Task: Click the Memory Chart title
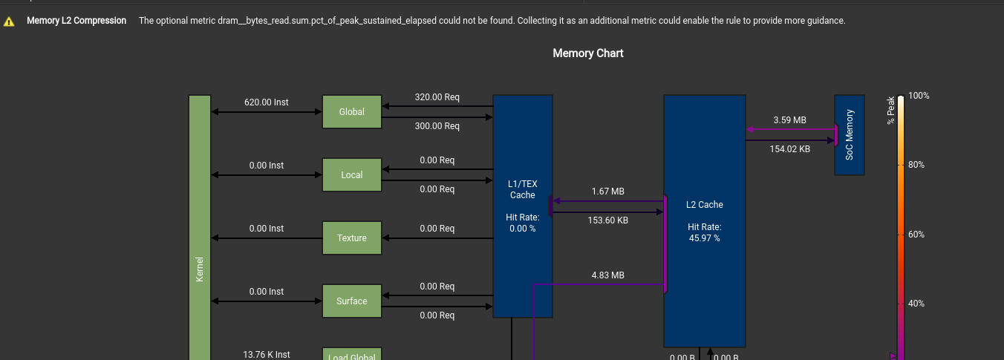point(587,53)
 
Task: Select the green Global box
point(351,112)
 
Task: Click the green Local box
point(351,175)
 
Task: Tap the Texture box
point(351,238)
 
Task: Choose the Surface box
point(351,301)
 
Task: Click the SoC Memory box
point(849,134)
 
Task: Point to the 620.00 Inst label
point(266,102)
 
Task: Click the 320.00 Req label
point(437,97)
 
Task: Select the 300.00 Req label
point(437,126)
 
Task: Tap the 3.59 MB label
point(789,120)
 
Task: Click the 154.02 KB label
point(789,149)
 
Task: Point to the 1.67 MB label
point(607,192)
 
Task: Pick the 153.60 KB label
point(607,220)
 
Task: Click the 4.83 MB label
point(607,275)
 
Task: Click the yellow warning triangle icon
point(9,22)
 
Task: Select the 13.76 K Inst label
point(266,355)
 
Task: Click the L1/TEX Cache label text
point(522,189)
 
